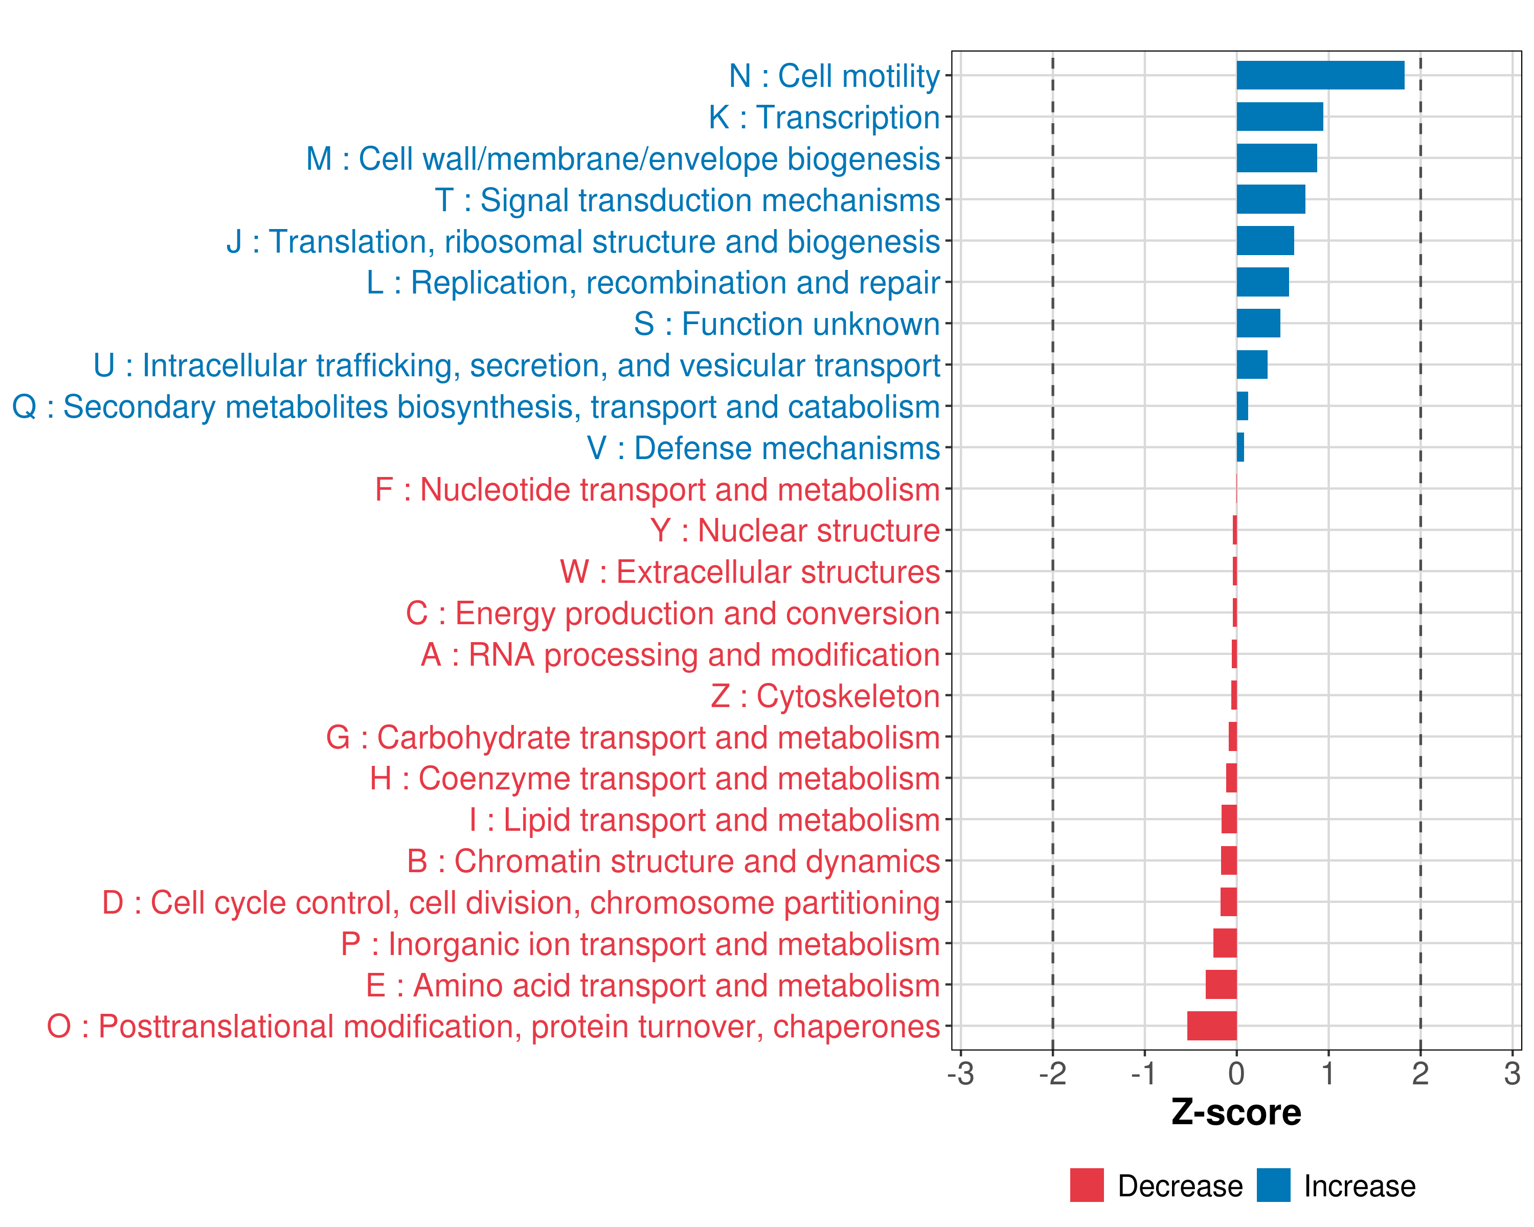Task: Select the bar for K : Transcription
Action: coord(1279,117)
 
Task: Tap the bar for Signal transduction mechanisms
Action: coord(1271,199)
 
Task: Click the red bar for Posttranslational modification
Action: coord(1212,1026)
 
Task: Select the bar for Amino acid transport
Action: coord(1221,985)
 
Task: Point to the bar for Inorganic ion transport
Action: coord(1225,943)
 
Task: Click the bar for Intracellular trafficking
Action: coord(1252,365)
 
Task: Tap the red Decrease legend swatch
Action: coord(1087,1185)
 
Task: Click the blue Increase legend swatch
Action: coord(1273,1185)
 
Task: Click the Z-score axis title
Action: coord(1236,1112)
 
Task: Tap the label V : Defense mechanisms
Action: coord(763,448)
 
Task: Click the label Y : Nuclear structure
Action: coord(795,531)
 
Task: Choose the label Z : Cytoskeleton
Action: coord(825,696)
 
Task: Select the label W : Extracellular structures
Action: coord(750,572)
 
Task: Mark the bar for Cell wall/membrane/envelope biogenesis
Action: coord(1276,158)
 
